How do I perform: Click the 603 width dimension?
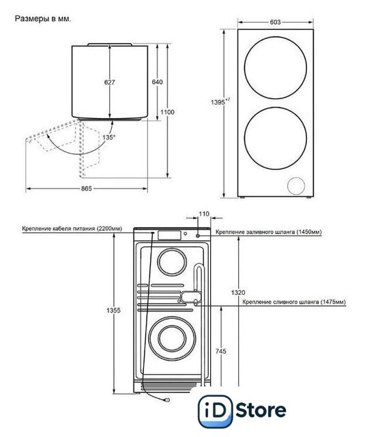click(x=275, y=22)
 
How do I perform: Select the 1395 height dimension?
click(x=220, y=102)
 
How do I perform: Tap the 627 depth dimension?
click(x=109, y=82)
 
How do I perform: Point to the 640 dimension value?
click(x=158, y=82)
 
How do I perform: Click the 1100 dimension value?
click(x=167, y=112)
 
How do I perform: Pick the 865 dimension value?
click(x=87, y=188)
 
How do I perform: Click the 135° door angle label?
click(x=108, y=137)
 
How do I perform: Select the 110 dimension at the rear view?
click(x=204, y=214)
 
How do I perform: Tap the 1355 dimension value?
click(x=114, y=311)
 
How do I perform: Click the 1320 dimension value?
click(x=238, y=292)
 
